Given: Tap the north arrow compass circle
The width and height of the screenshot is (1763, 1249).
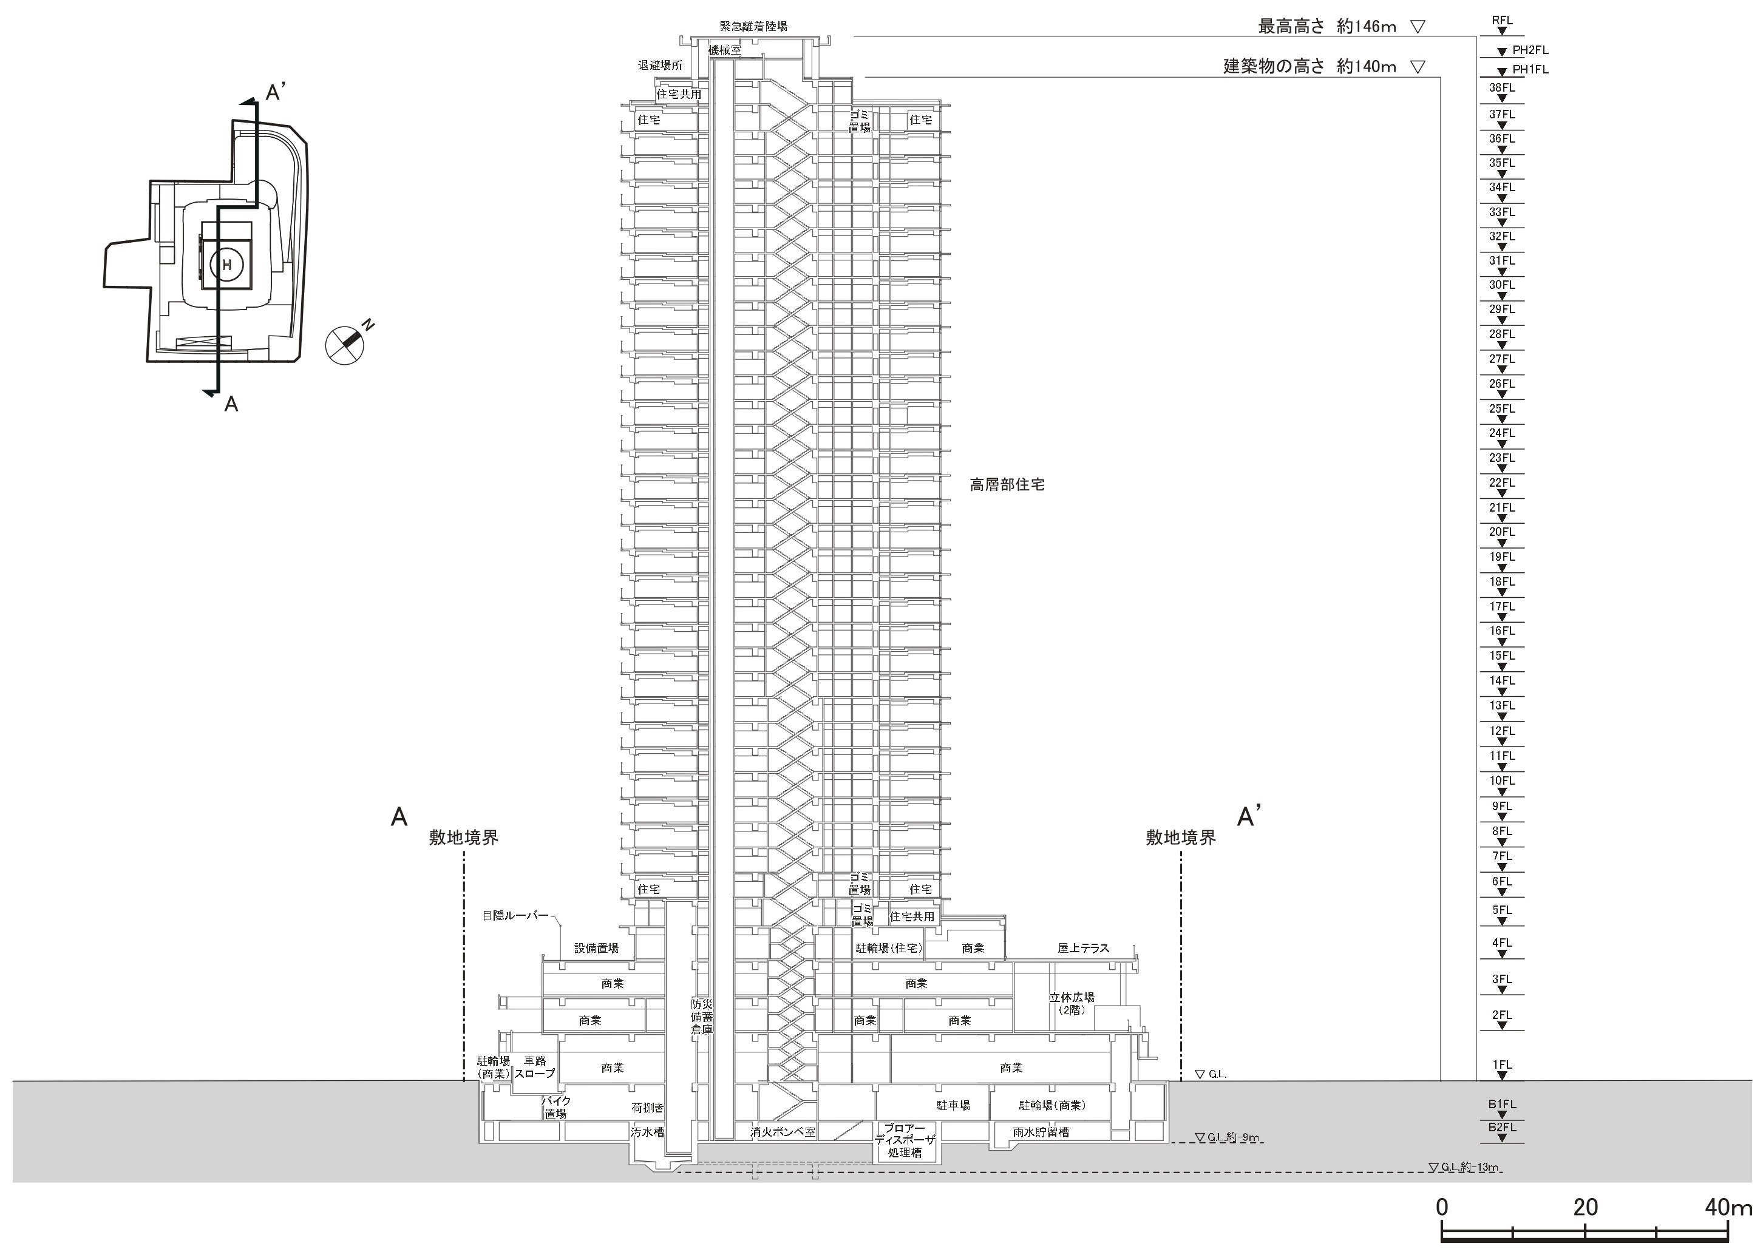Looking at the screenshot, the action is coord(345,345).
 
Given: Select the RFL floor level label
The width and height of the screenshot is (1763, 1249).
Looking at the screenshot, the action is coord(1501,21).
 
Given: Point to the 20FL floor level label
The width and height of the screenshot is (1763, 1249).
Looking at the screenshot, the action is coord(1501,532).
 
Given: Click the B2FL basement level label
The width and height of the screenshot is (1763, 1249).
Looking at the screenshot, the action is coord(1501,1128).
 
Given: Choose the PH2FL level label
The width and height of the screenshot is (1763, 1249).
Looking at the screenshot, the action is coord(1530,50).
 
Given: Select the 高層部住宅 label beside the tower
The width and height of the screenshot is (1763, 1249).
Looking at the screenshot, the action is coord(1007,486).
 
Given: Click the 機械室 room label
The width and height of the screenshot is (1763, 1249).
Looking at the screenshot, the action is coord(725,50).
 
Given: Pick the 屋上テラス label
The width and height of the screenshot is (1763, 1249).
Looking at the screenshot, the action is coord(1083,949).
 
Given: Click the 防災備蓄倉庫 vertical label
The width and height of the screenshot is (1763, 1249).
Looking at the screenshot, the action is coord(702,1015).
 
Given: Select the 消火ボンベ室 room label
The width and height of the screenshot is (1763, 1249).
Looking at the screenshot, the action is coord(783,1132).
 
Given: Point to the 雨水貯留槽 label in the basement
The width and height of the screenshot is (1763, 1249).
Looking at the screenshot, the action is coord(1041,1132).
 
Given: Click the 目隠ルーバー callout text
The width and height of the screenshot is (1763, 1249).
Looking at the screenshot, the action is coord(515,915).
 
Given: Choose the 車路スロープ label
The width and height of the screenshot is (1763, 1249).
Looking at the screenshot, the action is coord(534,1067).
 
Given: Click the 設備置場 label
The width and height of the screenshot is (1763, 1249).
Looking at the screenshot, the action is coord(596,949).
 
